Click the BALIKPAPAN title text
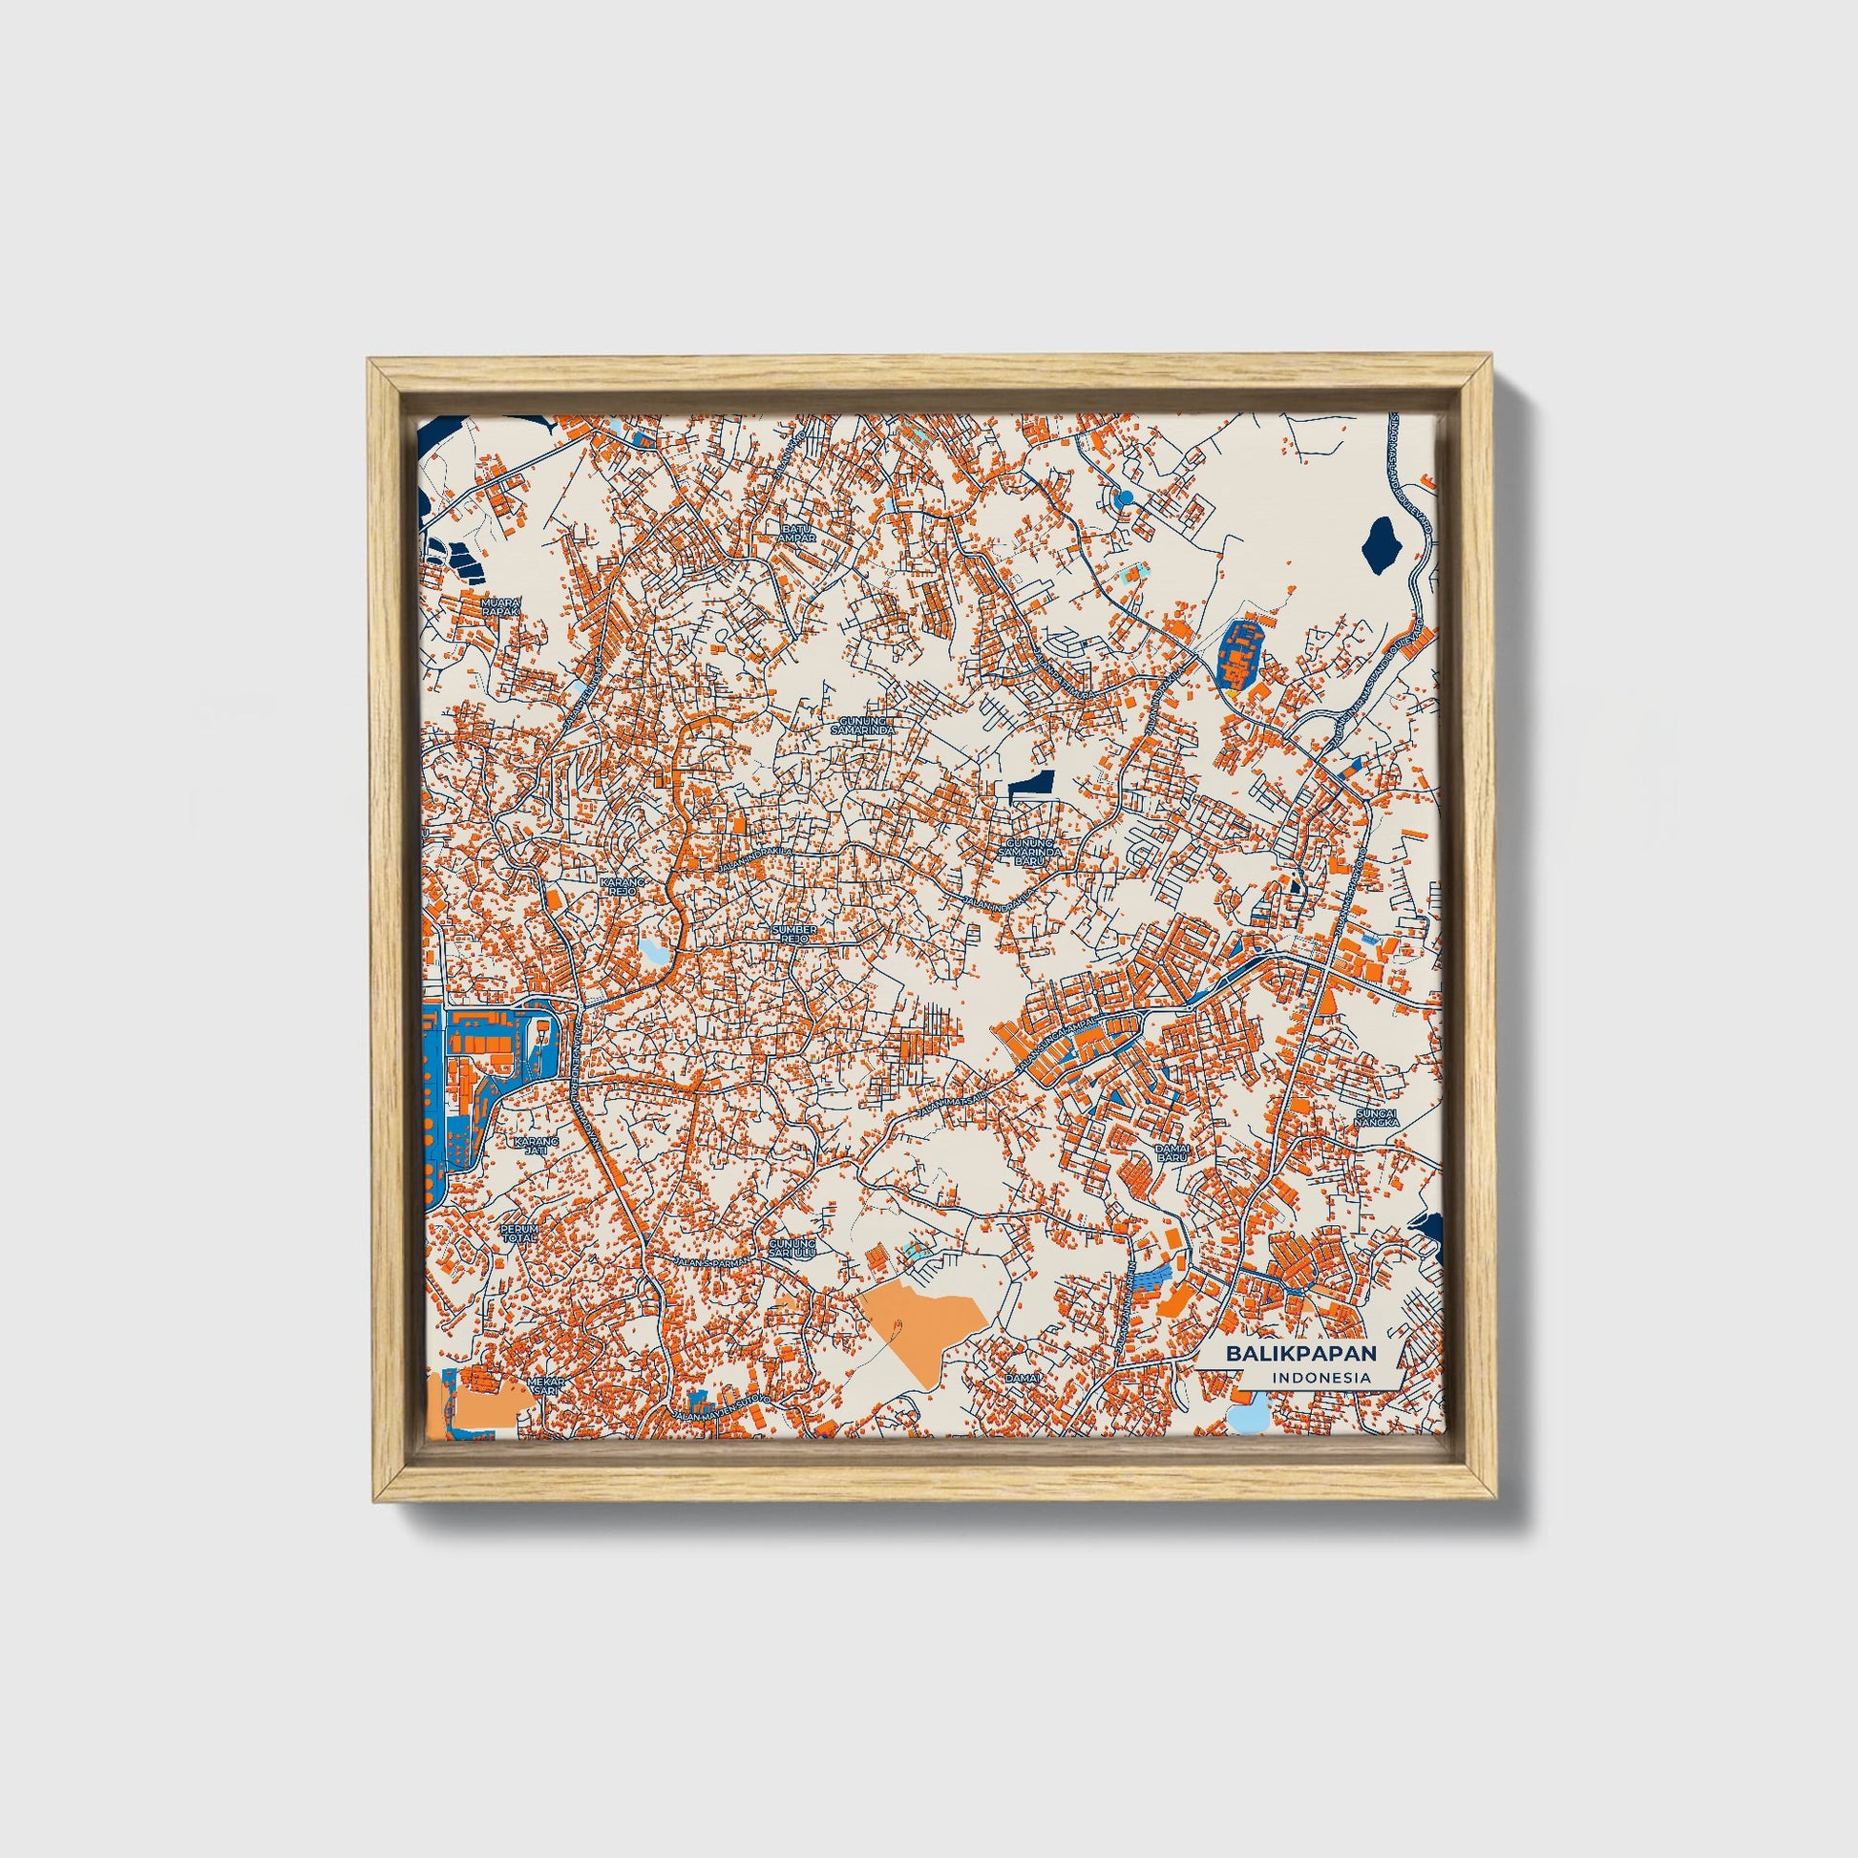click(1300, 1352)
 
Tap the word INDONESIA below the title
click(1321, 1377)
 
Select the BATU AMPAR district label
click(798, 534)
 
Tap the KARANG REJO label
click(619, 886)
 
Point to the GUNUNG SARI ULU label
click(792, 1248)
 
